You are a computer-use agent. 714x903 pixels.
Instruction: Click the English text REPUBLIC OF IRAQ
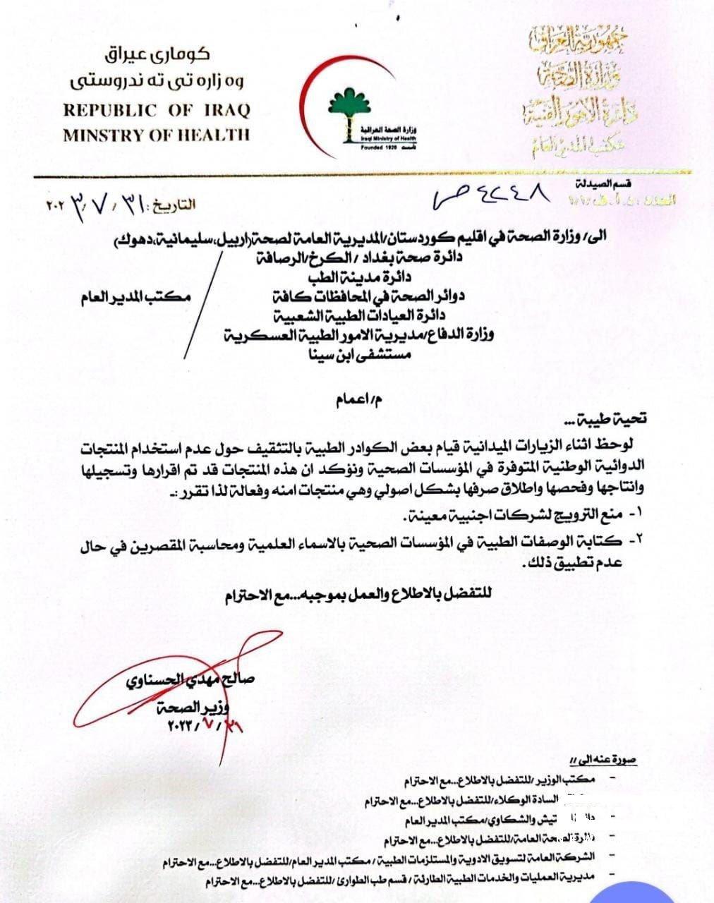tap(157, 111)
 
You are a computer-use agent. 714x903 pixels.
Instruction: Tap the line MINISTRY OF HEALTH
tap(157, 135)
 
